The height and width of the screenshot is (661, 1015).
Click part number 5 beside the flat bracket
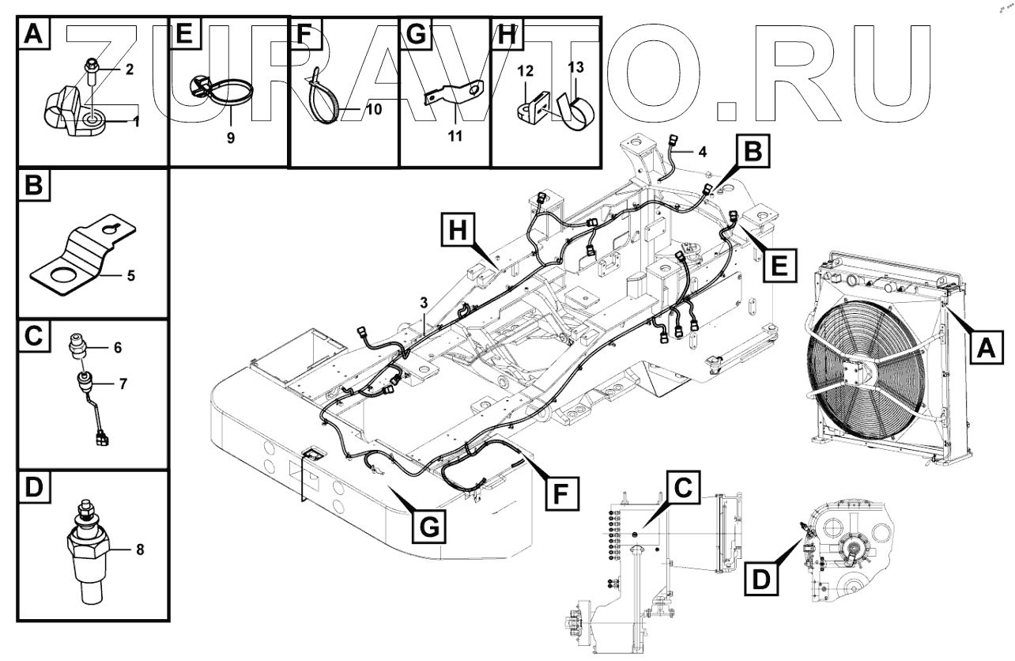(131, 276)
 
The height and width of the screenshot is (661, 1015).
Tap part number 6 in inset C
(117, 347)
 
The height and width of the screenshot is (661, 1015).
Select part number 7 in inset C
(123, 383)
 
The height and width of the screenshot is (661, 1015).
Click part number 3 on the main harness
(424, 303)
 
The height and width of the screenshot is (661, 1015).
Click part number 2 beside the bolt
(129, 69)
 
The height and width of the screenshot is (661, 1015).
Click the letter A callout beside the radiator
(985, 346)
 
